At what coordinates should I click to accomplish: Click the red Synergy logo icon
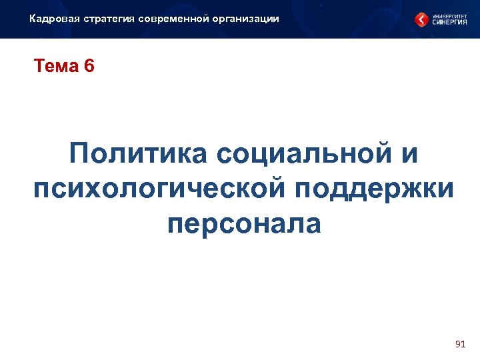pos(422,20)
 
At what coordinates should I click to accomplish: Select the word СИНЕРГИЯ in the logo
pos(450,22)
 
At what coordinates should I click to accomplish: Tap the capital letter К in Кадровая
pos(33,19)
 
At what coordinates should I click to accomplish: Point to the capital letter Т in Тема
pos(39,67)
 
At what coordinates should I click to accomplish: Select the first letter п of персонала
pos(176,225)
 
